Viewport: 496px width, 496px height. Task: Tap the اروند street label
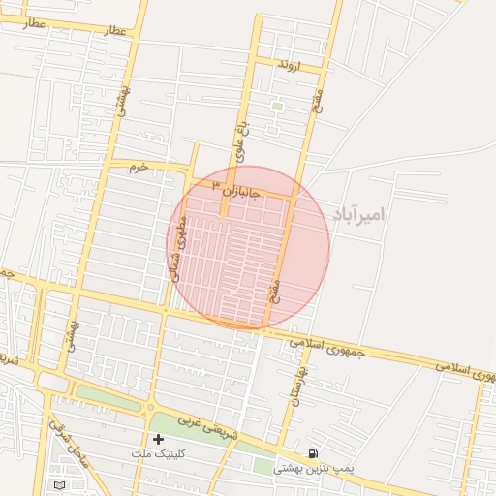tap(289, 65)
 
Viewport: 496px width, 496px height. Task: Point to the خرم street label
tap(140, 168)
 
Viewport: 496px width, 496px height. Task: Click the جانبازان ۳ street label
tap(237, 190)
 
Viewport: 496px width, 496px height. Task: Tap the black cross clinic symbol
tap(158, 439)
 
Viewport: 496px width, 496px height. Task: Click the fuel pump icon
tap(312, 453)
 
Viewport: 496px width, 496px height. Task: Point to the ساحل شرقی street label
tap(70, 444)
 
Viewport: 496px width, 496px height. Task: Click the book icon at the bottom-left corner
tap(60, 483)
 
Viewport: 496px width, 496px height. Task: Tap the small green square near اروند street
tap(277, 106)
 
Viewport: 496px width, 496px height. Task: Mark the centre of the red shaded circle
tap(248, 248)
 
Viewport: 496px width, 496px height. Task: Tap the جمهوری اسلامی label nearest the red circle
tap(328, 344)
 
